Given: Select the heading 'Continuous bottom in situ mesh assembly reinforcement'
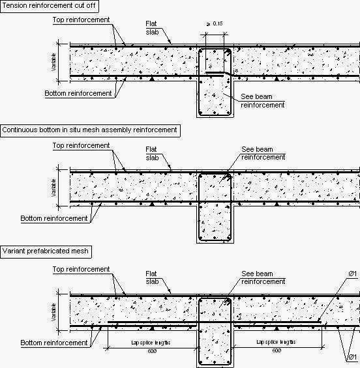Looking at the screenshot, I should click(89, 130).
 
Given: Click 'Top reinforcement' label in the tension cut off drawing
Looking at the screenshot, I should click(81, 20).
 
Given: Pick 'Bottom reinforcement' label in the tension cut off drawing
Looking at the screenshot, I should click(78, 94).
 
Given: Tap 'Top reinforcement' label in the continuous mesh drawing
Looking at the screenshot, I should click(81, 145).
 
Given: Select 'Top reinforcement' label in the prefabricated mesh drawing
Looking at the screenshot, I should click(81, 269).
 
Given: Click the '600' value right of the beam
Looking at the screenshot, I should click(277, 350).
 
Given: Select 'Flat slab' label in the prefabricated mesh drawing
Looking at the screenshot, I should click(151, 277).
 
